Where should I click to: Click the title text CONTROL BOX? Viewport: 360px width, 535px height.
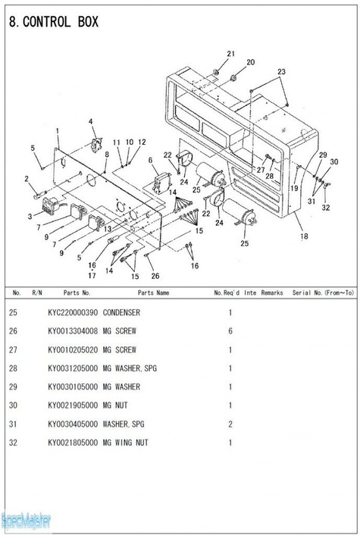click(x=61, y=22)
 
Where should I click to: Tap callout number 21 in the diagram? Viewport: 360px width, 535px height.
click(x=231, y=54)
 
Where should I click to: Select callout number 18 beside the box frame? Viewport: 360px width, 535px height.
click(x=304, y=236)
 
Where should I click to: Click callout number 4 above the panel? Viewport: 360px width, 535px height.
click(x=91, y=121)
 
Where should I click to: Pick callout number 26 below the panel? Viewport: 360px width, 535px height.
click(x=155, y=276)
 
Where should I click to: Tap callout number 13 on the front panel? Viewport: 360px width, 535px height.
click(x=108, y=229)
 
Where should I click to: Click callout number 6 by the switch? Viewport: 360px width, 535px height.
click(x=151, y=161)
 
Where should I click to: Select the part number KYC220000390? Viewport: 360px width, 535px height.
click(x=73, y=312)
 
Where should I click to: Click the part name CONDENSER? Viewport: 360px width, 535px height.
click(x=121, y=312)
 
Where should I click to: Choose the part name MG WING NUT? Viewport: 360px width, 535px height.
click(x=126, y=443)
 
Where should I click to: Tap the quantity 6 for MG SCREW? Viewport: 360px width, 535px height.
click(x=230, y=331)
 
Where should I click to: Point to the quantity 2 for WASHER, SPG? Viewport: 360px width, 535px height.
click(x=230, y=424)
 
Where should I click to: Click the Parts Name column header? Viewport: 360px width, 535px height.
click(x=154, y=293)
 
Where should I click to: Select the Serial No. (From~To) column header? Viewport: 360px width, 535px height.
click(x=323, y=293)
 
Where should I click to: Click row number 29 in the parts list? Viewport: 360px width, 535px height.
click(x=13, y=387)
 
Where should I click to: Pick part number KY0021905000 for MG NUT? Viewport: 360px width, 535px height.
click(x=73, y=405)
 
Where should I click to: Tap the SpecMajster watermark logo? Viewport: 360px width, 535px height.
click(x=26, y=521)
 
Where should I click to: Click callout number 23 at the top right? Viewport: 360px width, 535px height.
click(x=281, y=72)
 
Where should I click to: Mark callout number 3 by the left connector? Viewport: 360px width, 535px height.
click(x=30, y=216)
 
